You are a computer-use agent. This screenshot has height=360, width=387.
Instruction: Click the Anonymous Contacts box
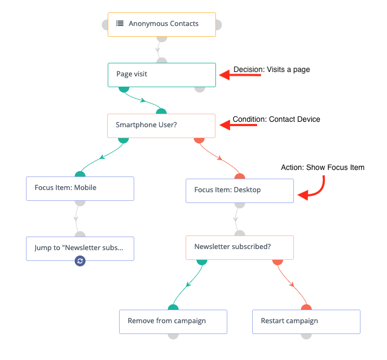coord(162,25)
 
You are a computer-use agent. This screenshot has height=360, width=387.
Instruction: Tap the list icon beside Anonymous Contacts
coord(120,23)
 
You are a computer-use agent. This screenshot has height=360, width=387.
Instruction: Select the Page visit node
coord(162,75)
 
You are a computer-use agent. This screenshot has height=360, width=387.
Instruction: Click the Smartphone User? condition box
coord(161,126)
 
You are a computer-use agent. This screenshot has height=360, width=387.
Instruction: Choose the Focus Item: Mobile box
coord(80,188)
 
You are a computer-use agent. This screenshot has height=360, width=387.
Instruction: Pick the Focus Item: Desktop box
coord(240,191)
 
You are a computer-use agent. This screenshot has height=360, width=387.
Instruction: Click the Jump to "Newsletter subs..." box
coord(80,248)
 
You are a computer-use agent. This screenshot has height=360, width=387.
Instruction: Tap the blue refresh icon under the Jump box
coord(80,261)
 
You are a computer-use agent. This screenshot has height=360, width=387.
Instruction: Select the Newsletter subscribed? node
coord(240,247)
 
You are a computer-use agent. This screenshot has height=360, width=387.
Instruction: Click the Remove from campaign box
coord(173,322)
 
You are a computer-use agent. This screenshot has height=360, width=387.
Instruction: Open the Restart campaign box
coord(306,322)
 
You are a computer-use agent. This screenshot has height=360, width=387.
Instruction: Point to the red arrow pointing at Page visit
coord(240,75)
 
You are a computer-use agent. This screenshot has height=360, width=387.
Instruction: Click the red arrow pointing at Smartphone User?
coord(238,125)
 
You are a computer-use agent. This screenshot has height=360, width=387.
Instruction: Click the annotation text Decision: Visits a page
coord(272,70)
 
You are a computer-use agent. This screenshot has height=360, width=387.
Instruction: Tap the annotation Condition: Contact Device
coord(277,119)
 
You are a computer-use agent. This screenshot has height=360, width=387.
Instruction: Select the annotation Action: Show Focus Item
coord(323,167)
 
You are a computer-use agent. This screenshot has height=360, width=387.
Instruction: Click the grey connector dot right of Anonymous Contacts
coord(219,25)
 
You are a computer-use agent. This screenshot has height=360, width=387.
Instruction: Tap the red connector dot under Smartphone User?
coord(199,141)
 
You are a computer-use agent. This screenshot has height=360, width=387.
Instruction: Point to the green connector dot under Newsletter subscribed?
coord(202,262)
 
